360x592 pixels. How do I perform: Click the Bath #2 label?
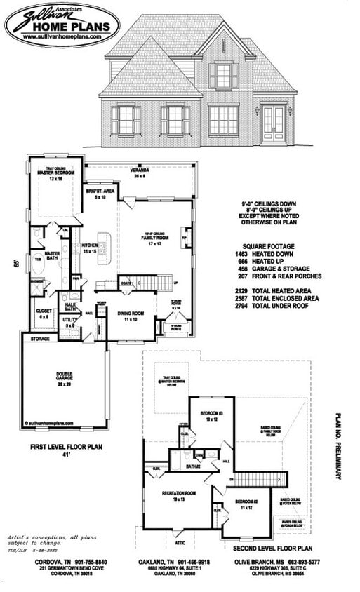[x=194, y=466]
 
